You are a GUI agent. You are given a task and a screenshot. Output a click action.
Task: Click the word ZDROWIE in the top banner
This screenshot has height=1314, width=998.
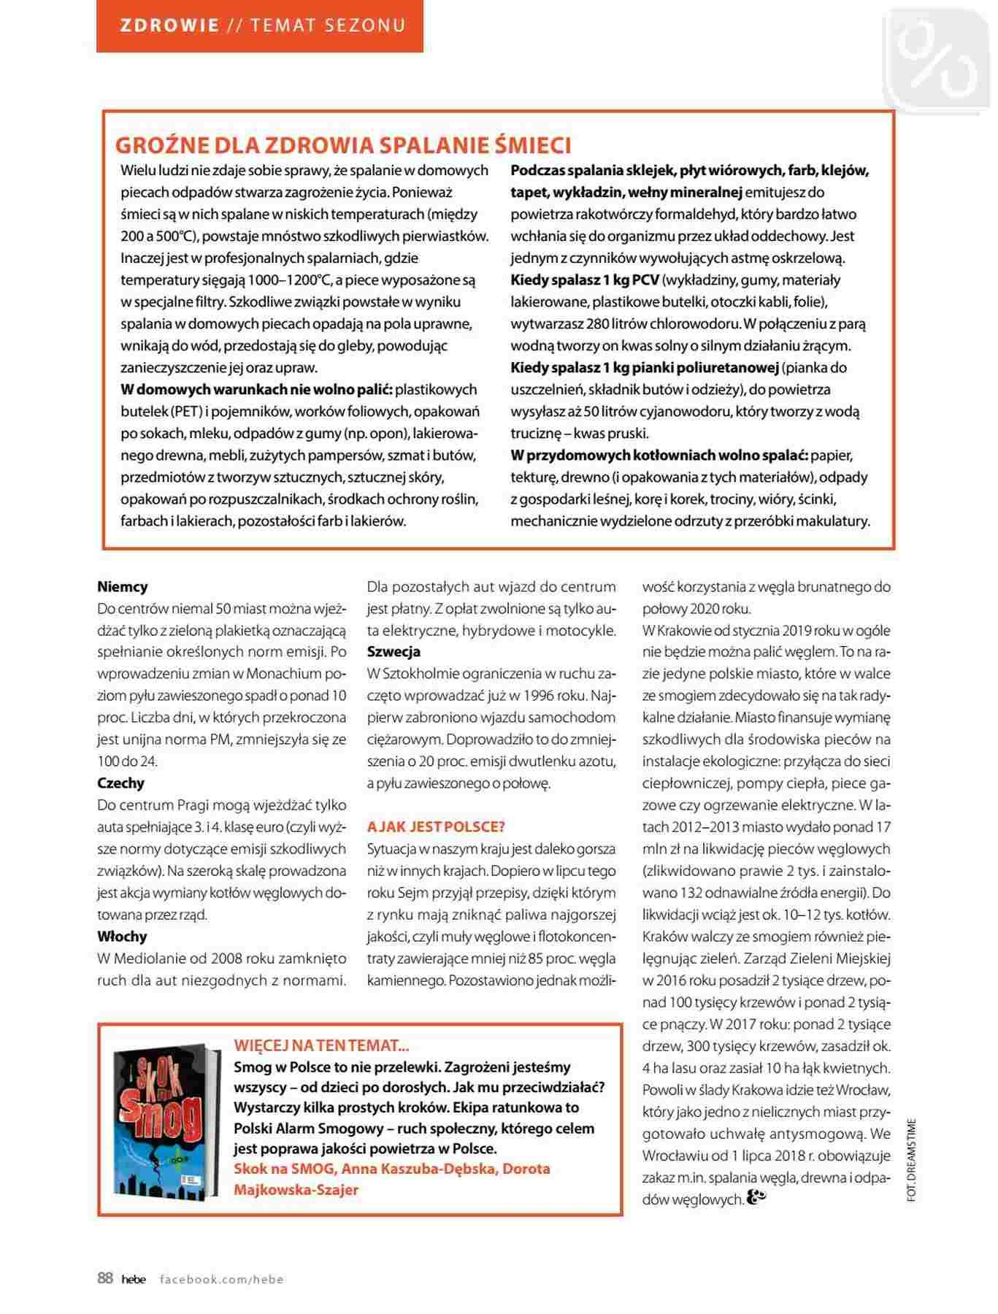169,26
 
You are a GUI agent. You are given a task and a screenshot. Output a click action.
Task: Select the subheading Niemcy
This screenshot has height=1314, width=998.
123,586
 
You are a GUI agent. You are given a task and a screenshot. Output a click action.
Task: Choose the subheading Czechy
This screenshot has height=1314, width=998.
121,783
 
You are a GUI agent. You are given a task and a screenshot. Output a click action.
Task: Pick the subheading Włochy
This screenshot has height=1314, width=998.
123,937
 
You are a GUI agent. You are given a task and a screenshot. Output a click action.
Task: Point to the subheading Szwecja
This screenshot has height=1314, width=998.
394,652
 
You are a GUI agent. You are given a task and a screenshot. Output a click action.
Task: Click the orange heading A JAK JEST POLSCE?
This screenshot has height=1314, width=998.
436,827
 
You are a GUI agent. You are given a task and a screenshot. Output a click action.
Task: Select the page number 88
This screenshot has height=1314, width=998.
105,1278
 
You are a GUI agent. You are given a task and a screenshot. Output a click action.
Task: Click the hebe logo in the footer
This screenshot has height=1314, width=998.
134,1279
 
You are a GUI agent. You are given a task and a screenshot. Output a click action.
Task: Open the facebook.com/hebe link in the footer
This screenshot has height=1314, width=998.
222,1279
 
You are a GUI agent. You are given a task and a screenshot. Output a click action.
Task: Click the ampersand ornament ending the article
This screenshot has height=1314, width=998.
757,1198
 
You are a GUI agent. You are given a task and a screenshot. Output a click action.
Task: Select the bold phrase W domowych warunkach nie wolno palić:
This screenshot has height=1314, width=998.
257,390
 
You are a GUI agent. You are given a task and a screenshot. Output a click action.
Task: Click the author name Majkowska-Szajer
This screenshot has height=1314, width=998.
296,1190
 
